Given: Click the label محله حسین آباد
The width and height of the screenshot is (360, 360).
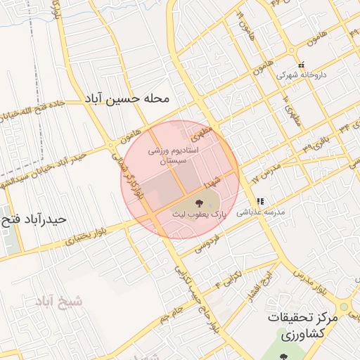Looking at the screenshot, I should click(x=127, y=99).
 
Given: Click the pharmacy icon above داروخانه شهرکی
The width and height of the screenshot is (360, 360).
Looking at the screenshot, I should click(x=300, y=64).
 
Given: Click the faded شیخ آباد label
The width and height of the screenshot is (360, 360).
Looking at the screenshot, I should click(x=58, y=302).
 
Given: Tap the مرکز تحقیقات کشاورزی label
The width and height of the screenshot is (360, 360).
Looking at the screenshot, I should click(x=303, y=326).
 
